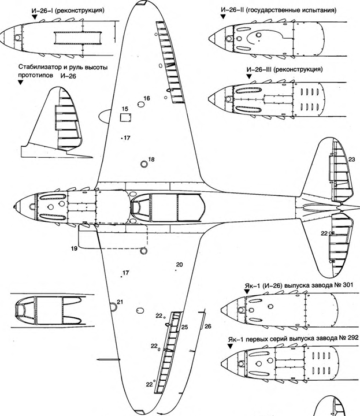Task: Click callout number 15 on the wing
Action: pyautogui.click(x=125, y=109)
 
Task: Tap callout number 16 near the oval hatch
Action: pyautogui.click(x=147, y=98)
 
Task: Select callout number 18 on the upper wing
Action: pyautogui.click(x=151, y=159)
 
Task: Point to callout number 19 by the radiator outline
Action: pyautogui.click(x=74, y=248)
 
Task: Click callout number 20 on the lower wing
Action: pyautogui.click(x=179, y=265)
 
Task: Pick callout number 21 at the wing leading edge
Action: pyautogui.click(x=120, y=302)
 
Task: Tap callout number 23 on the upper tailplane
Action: pyautogui.click(x=351, y=159)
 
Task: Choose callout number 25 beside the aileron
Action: pyautogui.click(x=185, y=328)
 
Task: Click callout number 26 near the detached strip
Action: pyautogui.click(x=208, y=326)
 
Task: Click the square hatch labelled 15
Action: pyautogui.click(x=125, y=117)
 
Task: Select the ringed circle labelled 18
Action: pyautogui.click(x=144, y=164)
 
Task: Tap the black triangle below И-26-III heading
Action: pyautogui.click(x=249, y=76)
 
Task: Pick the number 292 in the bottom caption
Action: pyautogui.click(x=354, y=339)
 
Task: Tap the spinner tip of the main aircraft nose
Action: pyautogui.click(x=13, y=206)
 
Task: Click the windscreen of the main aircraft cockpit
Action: pyautogui.click(x=137, y=207)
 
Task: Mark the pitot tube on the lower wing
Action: pyautogui.click(x=109, y=359)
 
